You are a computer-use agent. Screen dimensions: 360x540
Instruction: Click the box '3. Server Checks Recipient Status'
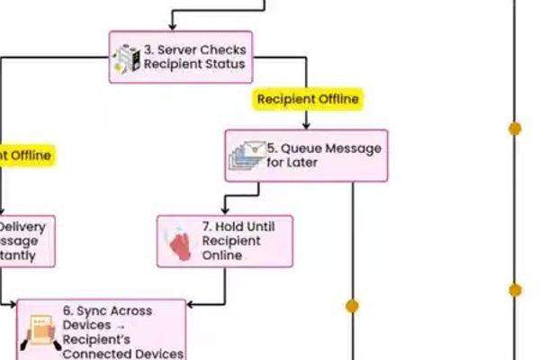point(180,58)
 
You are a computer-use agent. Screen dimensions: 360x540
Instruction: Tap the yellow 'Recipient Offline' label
point(308,99)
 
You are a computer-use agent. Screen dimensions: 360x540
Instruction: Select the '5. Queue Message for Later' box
point(306,156)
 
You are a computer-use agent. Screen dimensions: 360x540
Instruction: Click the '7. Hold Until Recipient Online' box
point(225,241)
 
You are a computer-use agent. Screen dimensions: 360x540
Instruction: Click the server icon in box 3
point(126,58)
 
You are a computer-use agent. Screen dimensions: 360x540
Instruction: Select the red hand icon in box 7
point(180,242)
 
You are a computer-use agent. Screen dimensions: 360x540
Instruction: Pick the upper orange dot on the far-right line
point(515,129)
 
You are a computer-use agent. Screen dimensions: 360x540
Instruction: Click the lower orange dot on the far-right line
point(515,291)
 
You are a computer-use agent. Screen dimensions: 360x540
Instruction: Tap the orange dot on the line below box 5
point(352,306)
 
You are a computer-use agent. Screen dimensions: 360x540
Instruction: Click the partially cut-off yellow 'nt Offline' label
point(25,155)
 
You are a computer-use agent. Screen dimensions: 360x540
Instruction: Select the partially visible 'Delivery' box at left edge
point(25,241)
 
